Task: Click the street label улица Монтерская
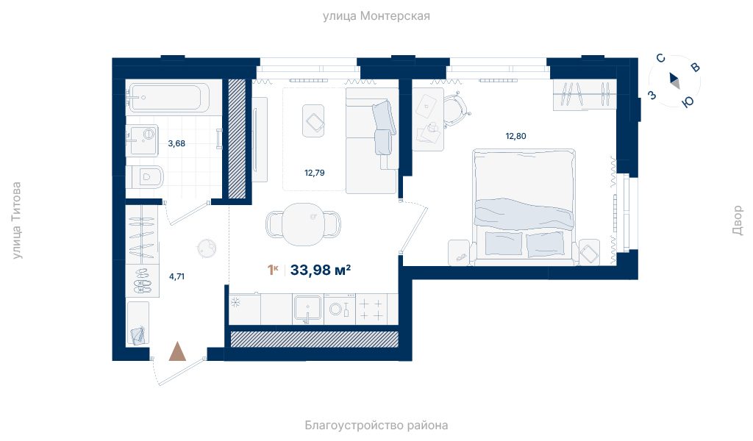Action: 376,16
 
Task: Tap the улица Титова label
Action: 17,220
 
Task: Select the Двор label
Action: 737,220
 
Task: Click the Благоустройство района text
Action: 376,425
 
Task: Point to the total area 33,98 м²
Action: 321,270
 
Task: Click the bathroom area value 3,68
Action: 176,143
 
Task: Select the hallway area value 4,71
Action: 176,276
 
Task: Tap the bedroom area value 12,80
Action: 515,136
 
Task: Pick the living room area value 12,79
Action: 315,173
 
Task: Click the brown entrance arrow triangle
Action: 178,351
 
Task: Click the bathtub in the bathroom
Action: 168,98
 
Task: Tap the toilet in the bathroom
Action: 146,177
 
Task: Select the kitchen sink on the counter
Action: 307,309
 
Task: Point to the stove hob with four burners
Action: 371,309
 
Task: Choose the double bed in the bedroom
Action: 524,207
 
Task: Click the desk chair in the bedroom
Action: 456,110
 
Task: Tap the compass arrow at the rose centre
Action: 674,80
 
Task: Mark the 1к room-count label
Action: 273,270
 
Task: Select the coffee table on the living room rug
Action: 313,121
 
